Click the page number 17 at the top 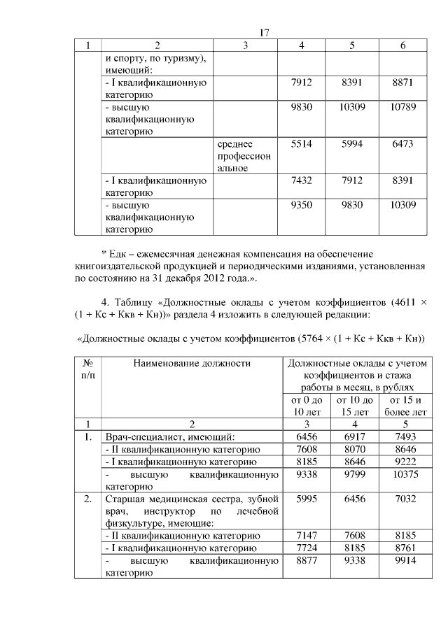click(265, 33)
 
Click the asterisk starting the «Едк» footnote click(104, 253)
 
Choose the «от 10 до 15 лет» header click(353, 406)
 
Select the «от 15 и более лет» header click(404, 406)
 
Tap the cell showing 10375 click(404, 474)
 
